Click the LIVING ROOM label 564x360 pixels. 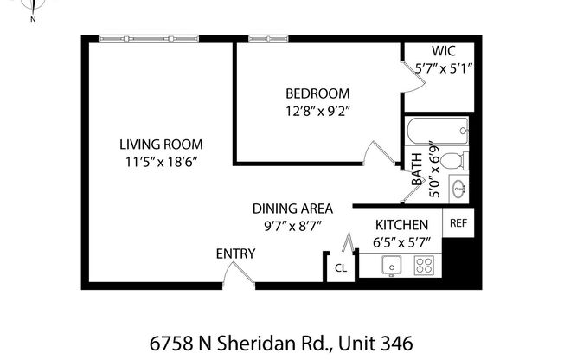coord(155,145)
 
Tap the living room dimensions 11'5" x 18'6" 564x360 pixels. coord(155,161)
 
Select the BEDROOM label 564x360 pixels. coord(317,93)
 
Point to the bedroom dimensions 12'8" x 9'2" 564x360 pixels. coord(317,110)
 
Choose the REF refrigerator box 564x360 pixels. coord(458,222)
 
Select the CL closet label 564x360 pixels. coord(341,268)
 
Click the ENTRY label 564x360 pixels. coord(235,254)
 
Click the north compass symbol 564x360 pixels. coord(32,8)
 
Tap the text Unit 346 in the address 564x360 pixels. coord(369,342)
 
